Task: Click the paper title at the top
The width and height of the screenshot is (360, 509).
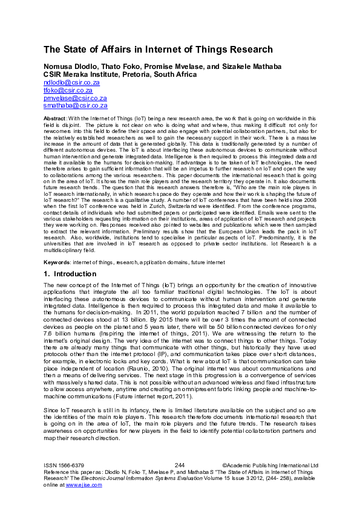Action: coord(158,50)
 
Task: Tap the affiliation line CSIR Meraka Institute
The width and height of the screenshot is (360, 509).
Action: coord(82,74)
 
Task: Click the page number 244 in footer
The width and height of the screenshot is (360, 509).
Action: coord(179,465)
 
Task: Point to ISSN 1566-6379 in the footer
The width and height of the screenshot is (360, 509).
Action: coord(63,465)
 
